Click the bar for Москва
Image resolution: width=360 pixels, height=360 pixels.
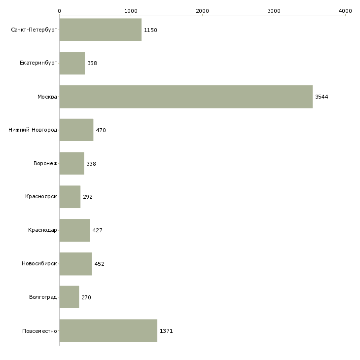tap(186, 97)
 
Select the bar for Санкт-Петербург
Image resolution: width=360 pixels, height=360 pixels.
tap(100, 30)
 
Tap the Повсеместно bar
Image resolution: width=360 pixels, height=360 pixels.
tap(108, 330)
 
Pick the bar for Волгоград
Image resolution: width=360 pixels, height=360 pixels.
tap(69, 297)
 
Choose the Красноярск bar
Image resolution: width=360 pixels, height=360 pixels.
tap(70, 197)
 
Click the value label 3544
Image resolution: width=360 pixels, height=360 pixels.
tap(322, 97)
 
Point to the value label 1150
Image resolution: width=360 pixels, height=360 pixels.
tap(150, 30)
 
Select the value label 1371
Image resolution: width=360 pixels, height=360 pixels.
tap(166, 331)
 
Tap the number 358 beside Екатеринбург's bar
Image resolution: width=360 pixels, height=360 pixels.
tap(92, 64)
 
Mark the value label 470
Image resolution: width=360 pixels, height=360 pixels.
tap(101, 130)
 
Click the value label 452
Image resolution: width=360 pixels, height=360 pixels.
tap(99, 264)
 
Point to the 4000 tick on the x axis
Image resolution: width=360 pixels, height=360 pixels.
tap(345, 10)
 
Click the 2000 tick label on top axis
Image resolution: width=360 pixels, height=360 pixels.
tap(202, 10)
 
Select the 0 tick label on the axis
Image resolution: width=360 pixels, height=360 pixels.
tap(59, 10)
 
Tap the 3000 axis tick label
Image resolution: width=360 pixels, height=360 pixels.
tap(274, 10)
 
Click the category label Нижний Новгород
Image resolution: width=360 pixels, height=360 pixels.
tap(33, 130)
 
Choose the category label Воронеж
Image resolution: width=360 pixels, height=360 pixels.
tap(45, 163)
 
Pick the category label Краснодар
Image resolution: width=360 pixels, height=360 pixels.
tap(42, 230)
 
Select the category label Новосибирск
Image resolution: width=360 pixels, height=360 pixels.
tap(39, 264)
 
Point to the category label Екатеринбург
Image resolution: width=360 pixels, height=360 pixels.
tap(38, 64)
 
